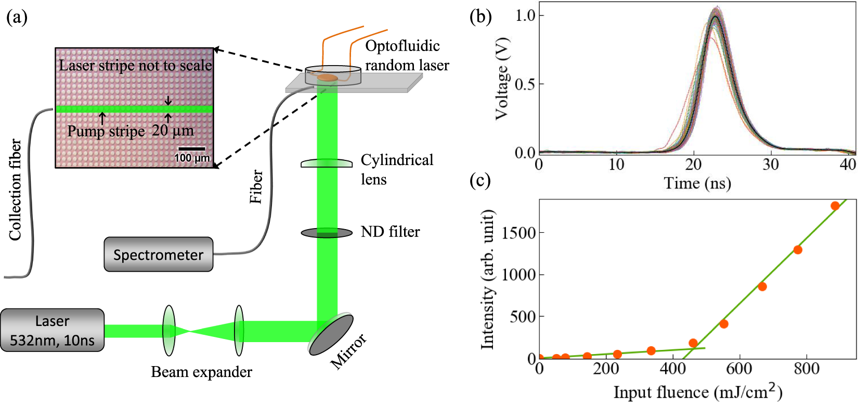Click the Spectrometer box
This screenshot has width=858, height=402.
pyautogui.click(x=158, y=255)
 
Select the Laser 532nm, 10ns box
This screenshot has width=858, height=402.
pyautogui.click(x=52, y=330)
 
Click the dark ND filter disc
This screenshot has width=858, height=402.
pyautogui.click(x=327, y=233)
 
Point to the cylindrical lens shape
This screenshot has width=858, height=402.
pyautogui.click(x=327, y=163)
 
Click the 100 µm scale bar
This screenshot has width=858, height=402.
pyautogui.click(x=191, y=149)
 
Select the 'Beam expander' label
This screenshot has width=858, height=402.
pyautogui.click(x=201, y=372)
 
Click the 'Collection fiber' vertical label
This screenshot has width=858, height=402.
pyautogui.click(x=16, y=190)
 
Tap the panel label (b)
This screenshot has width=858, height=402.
pyautogui.click(x=480, y=17)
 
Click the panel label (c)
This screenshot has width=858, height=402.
pyautogui.click(x=480, y=180)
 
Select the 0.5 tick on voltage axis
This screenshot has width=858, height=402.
pyautogui.click(x=525, y=84)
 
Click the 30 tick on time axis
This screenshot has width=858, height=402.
pyautogui.click(x=771, y=165)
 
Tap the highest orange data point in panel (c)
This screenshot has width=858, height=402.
pyautogui.click(x=835, y=206)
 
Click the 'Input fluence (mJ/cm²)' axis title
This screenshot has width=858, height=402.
pyautogui.click(x=698, y=391)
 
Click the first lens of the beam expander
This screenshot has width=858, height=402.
pyautogui.click(x=169, y=331)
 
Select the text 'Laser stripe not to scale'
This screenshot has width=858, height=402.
pyautogui.click(x=135, y=66)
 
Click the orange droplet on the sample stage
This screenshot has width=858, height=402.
pyautogui.click(x=328, y=78)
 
